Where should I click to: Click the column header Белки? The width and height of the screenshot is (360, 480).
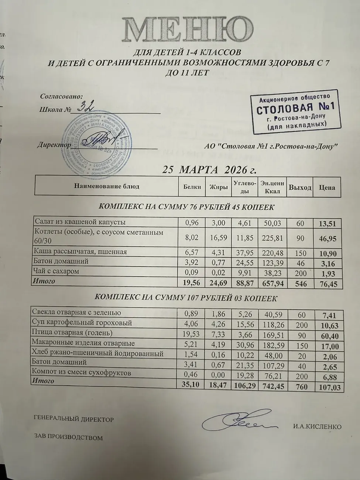point(192,187)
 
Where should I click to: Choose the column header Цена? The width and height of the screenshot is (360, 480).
point(327,187)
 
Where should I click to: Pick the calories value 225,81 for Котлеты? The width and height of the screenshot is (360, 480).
point(272,238)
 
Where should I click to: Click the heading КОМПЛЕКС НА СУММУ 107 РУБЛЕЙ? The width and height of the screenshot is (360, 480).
point(186,297)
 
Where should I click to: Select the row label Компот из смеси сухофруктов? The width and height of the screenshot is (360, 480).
point(82,373)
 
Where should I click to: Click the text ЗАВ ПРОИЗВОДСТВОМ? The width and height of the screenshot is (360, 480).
point(68,438)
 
